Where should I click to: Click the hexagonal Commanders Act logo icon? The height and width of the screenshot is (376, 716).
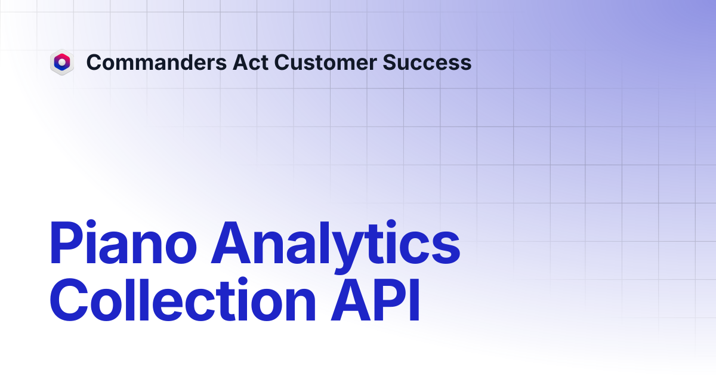click(x=62, y=62)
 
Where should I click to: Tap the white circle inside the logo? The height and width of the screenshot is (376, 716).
click(x=62, y=62)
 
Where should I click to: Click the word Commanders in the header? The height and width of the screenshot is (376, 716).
click(x=156, y=62)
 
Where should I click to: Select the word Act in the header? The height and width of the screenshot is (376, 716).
click(x=250, y=62)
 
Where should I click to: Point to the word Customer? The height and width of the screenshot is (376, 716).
click(x=325, y=62)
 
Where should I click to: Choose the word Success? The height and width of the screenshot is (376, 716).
click(x=427, y=62)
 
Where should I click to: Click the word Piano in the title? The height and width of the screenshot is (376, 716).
click(x=123, y=242)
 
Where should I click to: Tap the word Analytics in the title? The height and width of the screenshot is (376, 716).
click(x=335, y=246)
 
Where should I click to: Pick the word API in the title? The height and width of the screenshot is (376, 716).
click(x=375, y=300)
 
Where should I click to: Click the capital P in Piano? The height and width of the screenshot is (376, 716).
click(x=66, y=243)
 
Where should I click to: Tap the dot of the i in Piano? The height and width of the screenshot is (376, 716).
click(x=91, y=224)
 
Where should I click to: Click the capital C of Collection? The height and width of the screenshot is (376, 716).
click(x=69, y=300)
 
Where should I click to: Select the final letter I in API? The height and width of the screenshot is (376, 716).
click(x=415, y=300)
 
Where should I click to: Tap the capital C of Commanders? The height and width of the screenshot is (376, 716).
click(x=94, y=62)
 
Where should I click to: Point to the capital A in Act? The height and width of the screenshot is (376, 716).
click(x=240, y=62)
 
